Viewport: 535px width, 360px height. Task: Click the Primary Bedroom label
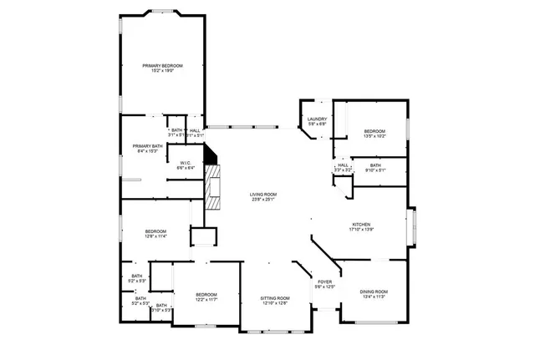click(162, 65)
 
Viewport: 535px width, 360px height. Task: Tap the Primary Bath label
click(146, 146)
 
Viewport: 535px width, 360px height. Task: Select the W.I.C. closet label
click(186, 163)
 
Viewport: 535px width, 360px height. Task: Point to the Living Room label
click(263, 195)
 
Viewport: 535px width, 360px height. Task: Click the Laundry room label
click(316, 119)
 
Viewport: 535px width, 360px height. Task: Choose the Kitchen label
click(361, 225)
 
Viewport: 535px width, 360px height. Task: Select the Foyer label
click(324, 282)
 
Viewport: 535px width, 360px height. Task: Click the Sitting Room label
click(274, 298)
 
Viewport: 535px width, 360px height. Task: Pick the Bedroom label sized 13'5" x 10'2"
click(374, 131)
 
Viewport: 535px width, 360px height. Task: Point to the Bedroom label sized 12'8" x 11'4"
click(155, 231)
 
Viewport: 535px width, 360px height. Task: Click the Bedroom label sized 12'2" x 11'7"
click(206, 294)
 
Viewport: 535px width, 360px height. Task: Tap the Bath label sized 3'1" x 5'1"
click(176, 130)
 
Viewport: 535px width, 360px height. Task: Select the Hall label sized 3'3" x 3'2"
click(343, 165)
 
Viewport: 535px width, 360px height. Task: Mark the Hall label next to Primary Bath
click(194, 130)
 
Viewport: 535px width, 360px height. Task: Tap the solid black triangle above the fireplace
click(211, 155)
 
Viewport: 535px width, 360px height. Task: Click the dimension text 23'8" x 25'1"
click(263, 200)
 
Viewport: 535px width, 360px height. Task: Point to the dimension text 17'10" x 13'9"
click(361, 230)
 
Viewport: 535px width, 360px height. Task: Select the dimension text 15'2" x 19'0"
click(162, 70)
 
